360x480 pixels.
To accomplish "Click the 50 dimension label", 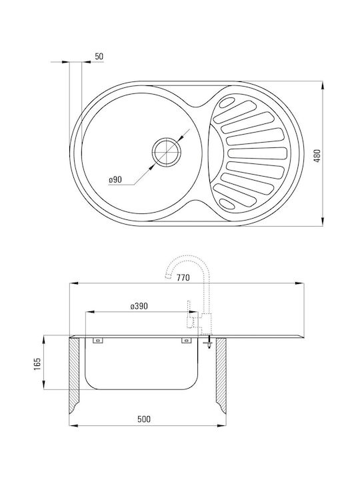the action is pyautogui.click(x=99, y=56).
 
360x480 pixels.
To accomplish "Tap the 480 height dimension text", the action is pyautogui.click(x=317, y=155).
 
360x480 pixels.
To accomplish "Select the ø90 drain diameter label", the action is pyautogui.click(x=115, y=180).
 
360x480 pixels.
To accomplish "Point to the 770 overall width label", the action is pyautogui.click(x=183, y=277).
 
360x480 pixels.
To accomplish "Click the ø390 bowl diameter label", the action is pyautogui.click(x=139, y=306).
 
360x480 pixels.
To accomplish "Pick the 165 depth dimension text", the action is pyautogui.click(x=37, y=364).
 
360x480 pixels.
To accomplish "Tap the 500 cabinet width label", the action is pyautogui.click(x=144, y=419).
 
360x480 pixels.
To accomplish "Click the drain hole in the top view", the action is pyautogui.click(x=167, y=152).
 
